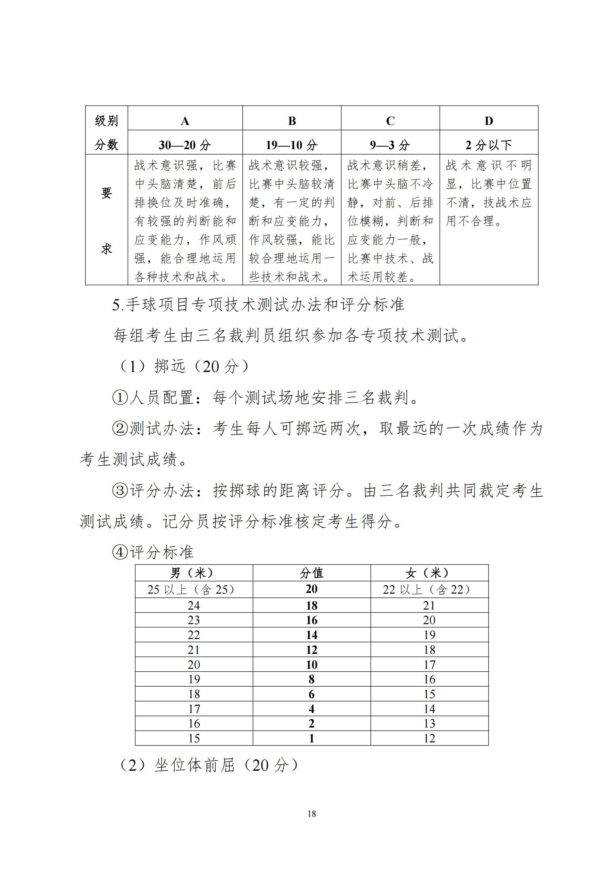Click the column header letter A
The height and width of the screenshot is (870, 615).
click(x=185, y=121)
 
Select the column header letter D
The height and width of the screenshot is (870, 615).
click(x=489, y=121)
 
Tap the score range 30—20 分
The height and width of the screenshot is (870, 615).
click(x=185, y=145)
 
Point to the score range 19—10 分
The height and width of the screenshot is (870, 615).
click(x=291, y=145)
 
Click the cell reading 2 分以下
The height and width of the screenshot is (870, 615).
click(x=489, y=145)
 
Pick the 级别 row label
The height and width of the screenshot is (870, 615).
click(x=106, y=121)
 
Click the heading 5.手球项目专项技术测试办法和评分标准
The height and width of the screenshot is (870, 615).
click(x=258, y=305)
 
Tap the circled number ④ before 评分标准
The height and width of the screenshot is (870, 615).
click(x=120, y=552)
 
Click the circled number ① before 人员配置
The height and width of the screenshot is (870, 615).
click(x=120, y=398)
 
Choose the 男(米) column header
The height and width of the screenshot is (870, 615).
click(x=193, y=573)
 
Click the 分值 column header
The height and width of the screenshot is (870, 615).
click(x=311, y=573)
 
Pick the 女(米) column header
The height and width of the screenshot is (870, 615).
click(x=429, y=573)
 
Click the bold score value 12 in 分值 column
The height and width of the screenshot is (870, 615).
click(x=311, y=650)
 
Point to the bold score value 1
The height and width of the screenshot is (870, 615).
click(x=311, y=739)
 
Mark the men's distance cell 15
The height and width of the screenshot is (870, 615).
click(x=194, y=739)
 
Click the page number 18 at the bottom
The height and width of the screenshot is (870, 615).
click(x=312, y=814)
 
